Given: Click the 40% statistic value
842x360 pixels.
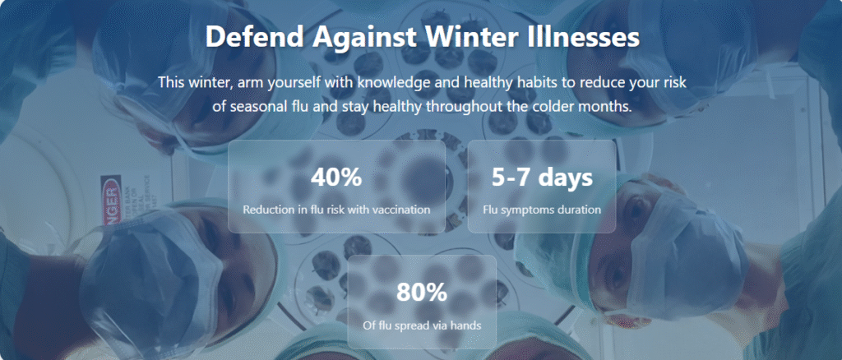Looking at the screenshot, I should coord(336,177).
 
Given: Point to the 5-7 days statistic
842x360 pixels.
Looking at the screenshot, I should coord(542,177).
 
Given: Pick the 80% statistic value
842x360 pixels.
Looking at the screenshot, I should coord(421,292).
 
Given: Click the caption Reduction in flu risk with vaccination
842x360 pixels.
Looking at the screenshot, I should coord(336,210).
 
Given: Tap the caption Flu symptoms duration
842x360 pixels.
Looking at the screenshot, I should coord(542,210).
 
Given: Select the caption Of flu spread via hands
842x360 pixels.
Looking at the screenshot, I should coord(421,325).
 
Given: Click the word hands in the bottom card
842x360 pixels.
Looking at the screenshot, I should coord(465,325).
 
